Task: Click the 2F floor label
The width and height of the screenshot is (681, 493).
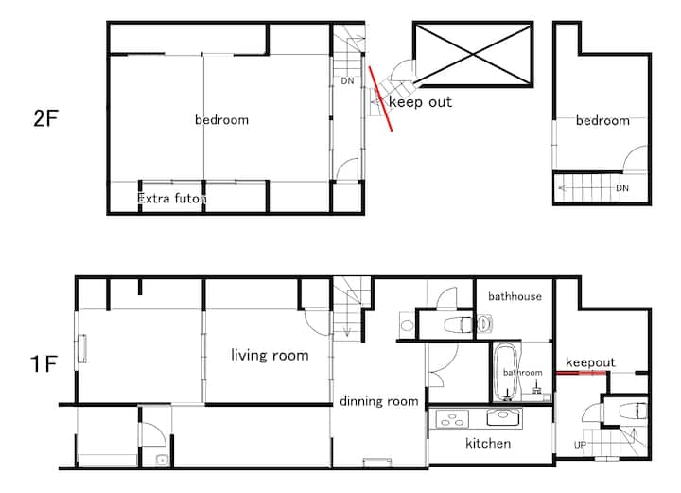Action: pyautogui.click(x=45, y=118)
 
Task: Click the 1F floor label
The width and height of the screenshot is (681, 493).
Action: pyautogui.click(x=44, y=363)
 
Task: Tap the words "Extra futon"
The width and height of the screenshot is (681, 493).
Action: pyautogui.click(x=172, y=199)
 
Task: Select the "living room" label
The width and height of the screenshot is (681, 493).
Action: pyautogui.click(x=270, y=355)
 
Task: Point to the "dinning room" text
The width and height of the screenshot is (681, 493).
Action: pyautogui.click(x=379, y=401)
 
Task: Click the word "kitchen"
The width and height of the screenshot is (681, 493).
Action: pyautogui.click(x=488, y=443)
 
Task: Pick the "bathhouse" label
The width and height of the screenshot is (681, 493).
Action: pyautogui.click(x=515, y=296)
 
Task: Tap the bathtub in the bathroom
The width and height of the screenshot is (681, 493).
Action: pyautogui.click(x=506, y=372)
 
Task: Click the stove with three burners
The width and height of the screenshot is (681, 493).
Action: pyautogui.click(x=452, y=419)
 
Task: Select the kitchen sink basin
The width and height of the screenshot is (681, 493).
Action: pyautogui.click(x=504, y=417)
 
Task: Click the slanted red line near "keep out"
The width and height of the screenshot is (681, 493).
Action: pyautogui.click(x=381, y=98)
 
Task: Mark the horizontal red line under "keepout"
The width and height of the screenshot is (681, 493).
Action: pyautogui.click(x=581, y=373)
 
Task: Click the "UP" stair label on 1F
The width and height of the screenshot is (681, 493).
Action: pyautogui.click(x=580, y=445)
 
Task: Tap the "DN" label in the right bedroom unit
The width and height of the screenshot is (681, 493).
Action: pyautogui.click(x=622, y=188)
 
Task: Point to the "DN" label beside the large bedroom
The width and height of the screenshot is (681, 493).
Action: pyautogui.click(x=347, y=80)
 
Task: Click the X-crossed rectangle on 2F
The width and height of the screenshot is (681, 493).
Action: pyautogui.click(x=473, y=54)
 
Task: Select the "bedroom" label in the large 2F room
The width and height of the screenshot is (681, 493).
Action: pyautogui.click(x=221, y=119)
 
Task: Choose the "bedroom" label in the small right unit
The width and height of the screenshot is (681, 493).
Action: pyautogui.click(x=602, y=120)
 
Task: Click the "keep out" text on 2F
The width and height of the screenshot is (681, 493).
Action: pyautogui.click(x=420, y=102)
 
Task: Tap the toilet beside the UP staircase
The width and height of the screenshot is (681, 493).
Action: pyautogui.click(x=633, y=411)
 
